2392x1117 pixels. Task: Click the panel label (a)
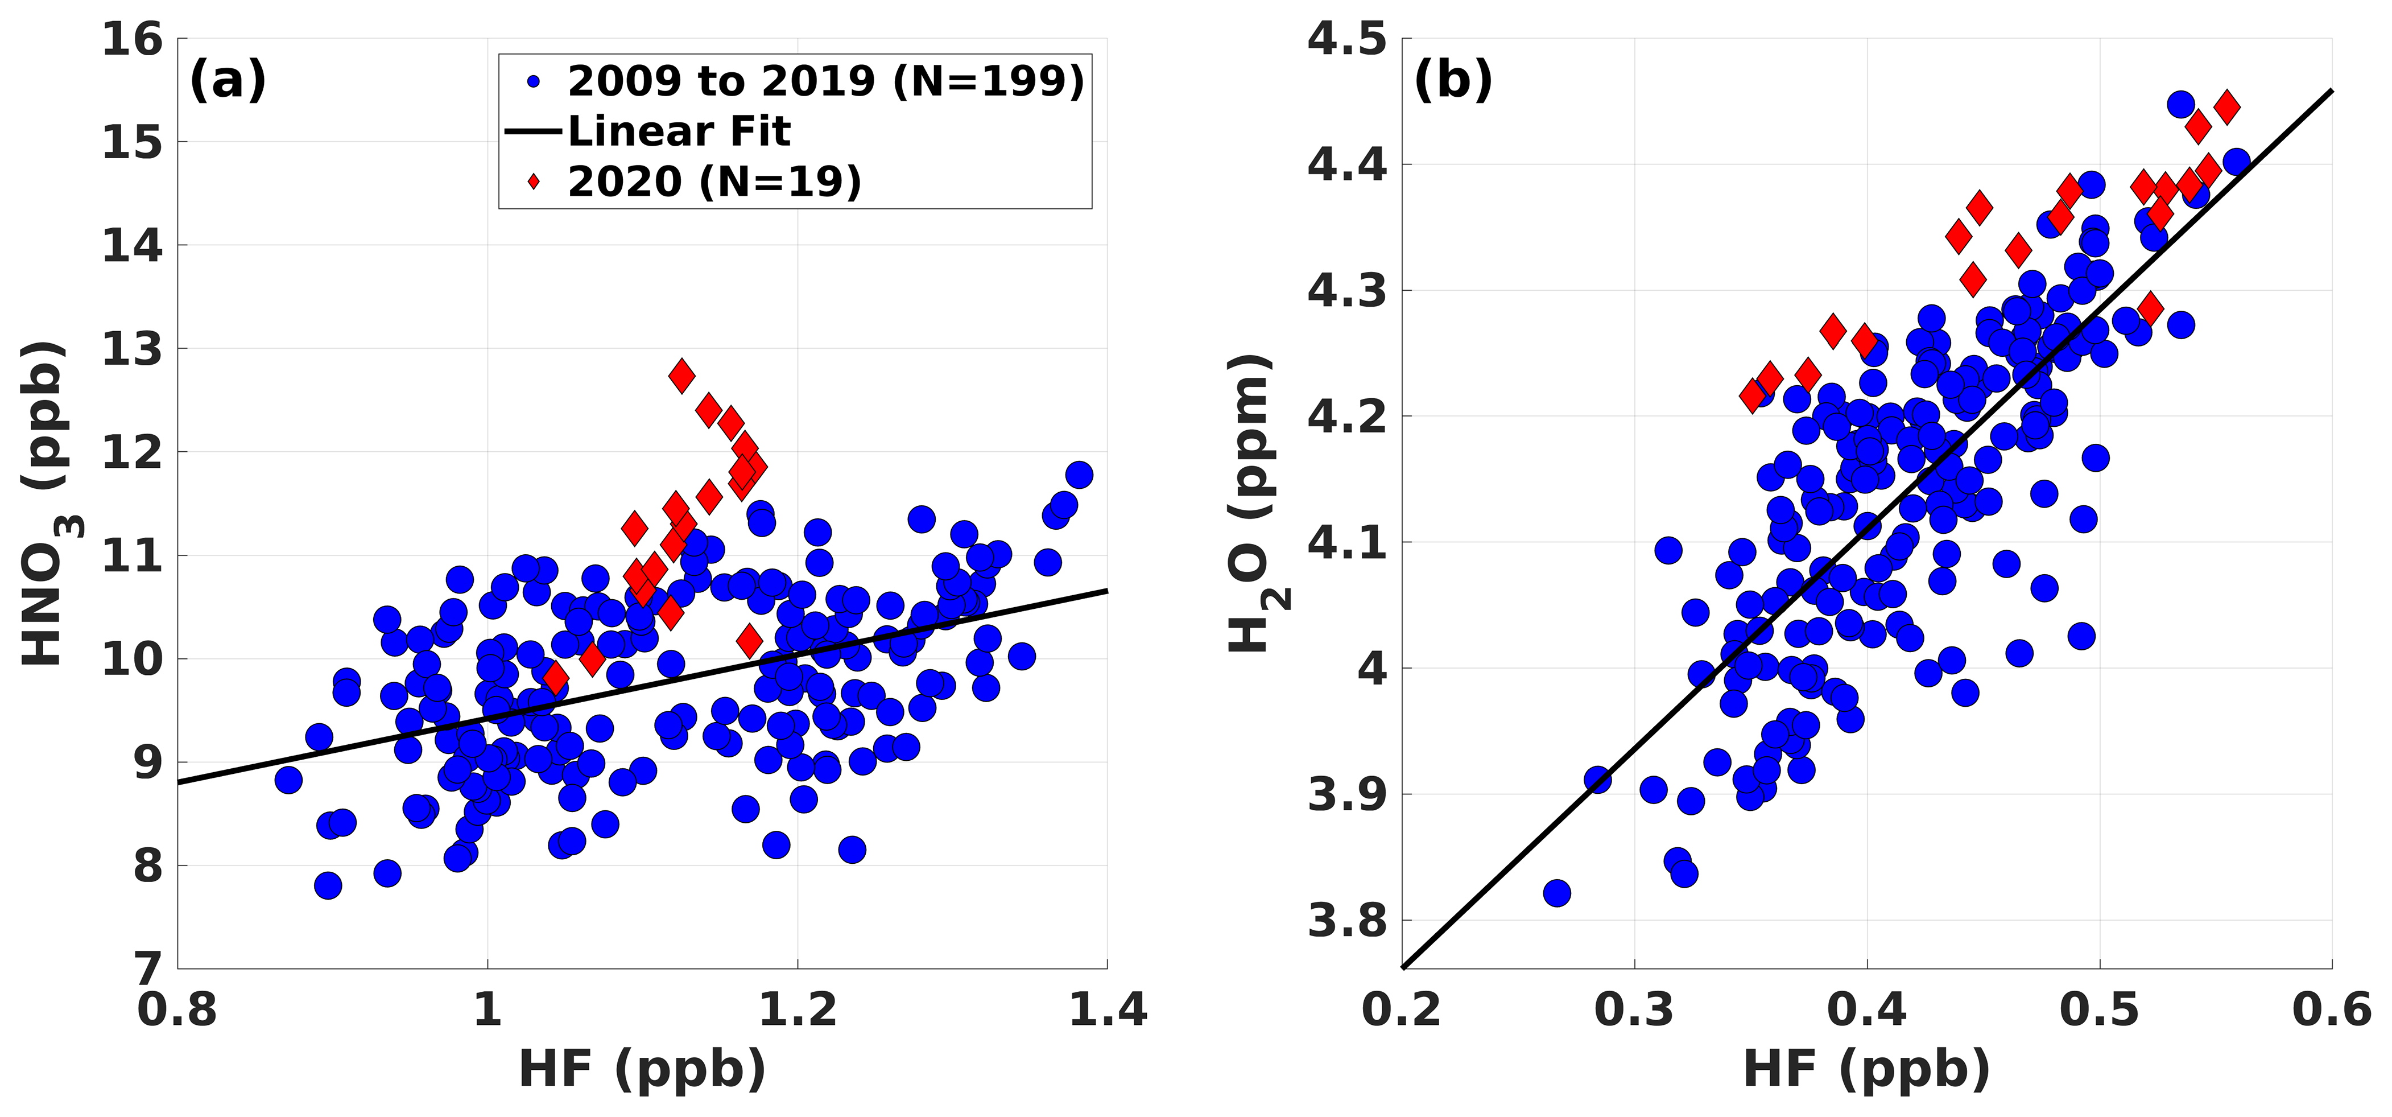(x=228, y=81)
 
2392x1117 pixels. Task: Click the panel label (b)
(x=1452, y=81)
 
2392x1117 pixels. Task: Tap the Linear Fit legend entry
(x=679, y=132)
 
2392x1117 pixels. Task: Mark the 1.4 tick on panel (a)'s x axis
(x=1108, y=1010)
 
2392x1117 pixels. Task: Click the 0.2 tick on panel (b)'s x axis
(x=1402, y=1010)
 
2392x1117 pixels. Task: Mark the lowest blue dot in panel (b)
(x=1557, y=893)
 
